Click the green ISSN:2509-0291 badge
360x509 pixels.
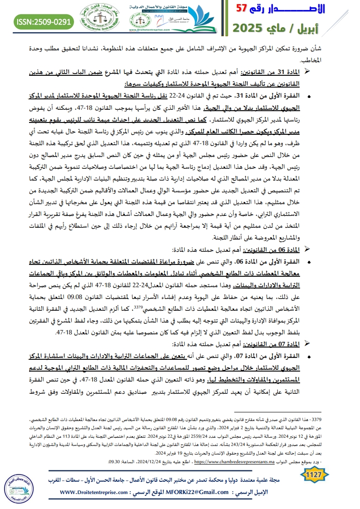(44, 21)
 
